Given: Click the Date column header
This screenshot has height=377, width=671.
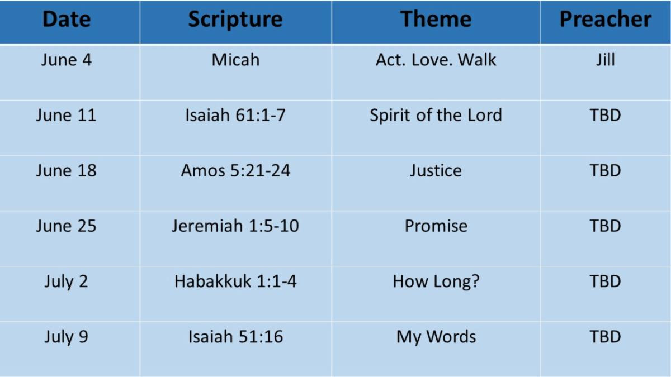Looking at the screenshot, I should tap(67, 20).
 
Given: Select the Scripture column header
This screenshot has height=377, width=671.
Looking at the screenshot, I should tap(235, 20).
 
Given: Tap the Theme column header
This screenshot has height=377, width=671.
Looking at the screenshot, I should tap(436, 20).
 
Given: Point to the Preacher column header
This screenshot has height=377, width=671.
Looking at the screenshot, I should tap(605, 20).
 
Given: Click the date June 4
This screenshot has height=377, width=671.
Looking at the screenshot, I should tap(67, 60).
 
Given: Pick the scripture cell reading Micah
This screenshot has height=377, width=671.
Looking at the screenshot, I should tap(235, 60).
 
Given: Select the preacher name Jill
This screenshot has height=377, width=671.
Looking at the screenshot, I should tap(605, 60).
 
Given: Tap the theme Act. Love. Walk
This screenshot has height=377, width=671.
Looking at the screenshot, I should tap(436, 60).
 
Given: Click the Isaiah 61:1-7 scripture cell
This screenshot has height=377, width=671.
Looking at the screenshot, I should tap(235, 115).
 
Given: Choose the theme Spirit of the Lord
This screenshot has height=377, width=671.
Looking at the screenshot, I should tap(436, 115).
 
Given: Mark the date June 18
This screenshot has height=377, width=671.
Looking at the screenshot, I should tap(67, 170).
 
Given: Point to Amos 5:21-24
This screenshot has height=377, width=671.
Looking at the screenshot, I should tap(235, 170).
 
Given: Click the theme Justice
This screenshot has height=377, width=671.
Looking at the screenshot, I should tap(436, 170).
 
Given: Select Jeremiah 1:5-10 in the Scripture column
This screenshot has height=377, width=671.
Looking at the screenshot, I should tap(235, 226).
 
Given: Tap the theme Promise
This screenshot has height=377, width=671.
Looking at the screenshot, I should tap(436, 226).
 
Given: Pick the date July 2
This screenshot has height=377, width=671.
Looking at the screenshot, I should tap(67, 281).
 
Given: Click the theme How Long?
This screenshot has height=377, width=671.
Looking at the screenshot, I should tap(436, 281).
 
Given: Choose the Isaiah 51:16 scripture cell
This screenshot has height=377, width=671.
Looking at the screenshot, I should tap(235, 337).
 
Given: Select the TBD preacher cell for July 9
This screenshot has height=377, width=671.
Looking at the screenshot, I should tap(605, 337).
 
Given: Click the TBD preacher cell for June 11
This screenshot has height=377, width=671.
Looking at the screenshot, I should tap(605, 115).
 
